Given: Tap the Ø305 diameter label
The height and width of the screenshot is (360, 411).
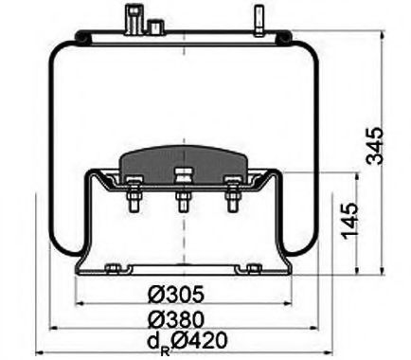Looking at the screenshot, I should point(178,295).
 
